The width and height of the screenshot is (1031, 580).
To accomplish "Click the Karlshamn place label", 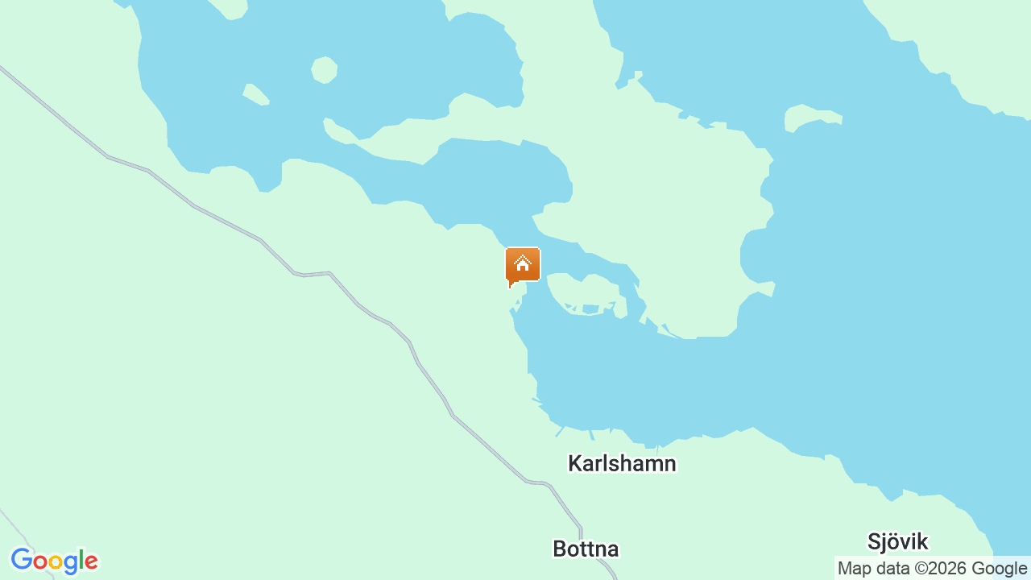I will click(x=622, y=463).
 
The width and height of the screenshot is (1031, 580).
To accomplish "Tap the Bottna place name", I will click(x=586, y=549).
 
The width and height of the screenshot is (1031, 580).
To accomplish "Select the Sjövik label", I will click(x=897, y=541).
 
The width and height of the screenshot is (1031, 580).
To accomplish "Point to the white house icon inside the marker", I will click(x=523, y=263).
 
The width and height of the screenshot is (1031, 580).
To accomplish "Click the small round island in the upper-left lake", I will click(x=324, y=70).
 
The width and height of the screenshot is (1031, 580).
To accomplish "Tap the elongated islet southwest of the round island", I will click(x=255, y=94).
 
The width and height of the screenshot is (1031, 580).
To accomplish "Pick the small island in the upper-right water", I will click(x=809, y=116).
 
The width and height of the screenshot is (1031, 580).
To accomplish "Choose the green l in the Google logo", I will click(x=82, y=560).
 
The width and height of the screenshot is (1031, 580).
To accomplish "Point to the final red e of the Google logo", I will click(x=91, y=562).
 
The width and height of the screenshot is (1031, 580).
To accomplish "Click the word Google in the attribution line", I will click(x=998, y=569).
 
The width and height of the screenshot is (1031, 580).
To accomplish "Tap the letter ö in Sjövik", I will click(x=896, y=541).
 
